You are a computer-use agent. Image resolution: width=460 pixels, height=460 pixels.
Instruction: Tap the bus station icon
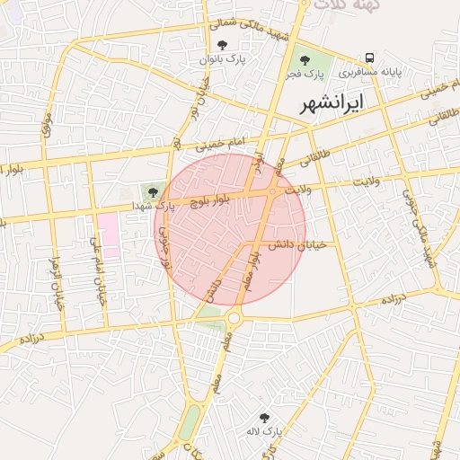(370, 57)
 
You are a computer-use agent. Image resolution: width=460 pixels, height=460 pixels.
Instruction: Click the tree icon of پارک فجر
(305, 60)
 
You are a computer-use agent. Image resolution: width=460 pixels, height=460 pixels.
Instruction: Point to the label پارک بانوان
(223, 58)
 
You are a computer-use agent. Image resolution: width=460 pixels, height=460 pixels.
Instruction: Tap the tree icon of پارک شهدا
(151, 190)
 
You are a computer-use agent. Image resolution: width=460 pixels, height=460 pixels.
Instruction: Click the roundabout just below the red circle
(235, 316)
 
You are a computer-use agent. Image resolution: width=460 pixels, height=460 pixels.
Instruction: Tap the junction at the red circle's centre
(272, 191)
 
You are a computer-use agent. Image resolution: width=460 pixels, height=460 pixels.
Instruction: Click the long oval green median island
(190, 422)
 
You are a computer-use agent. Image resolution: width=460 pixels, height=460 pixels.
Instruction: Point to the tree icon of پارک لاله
(264, 418)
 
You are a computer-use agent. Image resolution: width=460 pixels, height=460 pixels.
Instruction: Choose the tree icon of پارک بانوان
(223, 45)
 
